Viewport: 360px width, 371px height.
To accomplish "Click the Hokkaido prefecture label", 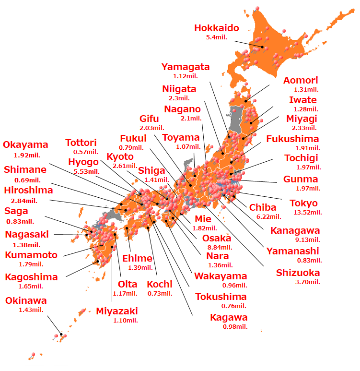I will coord(216,28).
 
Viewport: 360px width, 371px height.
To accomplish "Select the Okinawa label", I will coord(26,301).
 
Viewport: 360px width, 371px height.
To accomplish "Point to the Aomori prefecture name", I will coord(301,81).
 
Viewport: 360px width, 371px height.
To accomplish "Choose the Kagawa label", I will coord(229,317).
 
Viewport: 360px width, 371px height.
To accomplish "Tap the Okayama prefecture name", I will coord(25,145).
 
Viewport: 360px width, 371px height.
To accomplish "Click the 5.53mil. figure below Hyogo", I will coord(87,171).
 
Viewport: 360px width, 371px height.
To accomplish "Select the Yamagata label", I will coord(186,67).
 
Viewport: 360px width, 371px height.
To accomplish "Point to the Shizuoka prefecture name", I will coord(298,273).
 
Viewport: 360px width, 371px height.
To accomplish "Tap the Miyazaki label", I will coord(116,311).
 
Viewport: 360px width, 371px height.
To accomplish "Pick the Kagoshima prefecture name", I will coord(31,277).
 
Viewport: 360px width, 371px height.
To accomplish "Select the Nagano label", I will coord(182,109).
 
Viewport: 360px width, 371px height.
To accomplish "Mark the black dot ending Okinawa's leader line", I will coord(61,335).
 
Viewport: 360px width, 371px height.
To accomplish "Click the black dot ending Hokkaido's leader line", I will coord(263,47).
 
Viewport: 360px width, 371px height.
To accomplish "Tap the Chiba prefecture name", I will coord(263,207).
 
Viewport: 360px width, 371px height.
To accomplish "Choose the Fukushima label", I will coord(292,139).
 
